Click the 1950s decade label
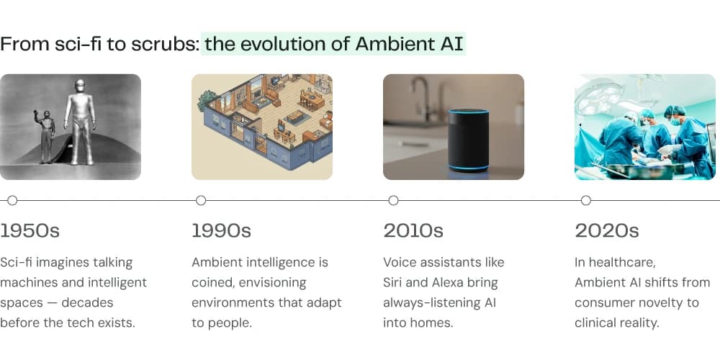tap(30, 231)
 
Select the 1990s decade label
tap(221, 231)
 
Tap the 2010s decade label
tap(413, 231)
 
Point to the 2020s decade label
tap(606, 231)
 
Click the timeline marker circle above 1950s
tap(12, 200)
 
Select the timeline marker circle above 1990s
tap(201, 200)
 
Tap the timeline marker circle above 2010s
tap(393, 200)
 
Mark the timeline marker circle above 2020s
tap(585, 200)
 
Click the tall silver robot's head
tap(80, 86)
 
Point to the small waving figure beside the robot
tap(45, 136)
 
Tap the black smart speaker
tap(469, 140)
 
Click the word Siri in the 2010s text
tap(392, 282)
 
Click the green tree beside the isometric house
tap(206, 99)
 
